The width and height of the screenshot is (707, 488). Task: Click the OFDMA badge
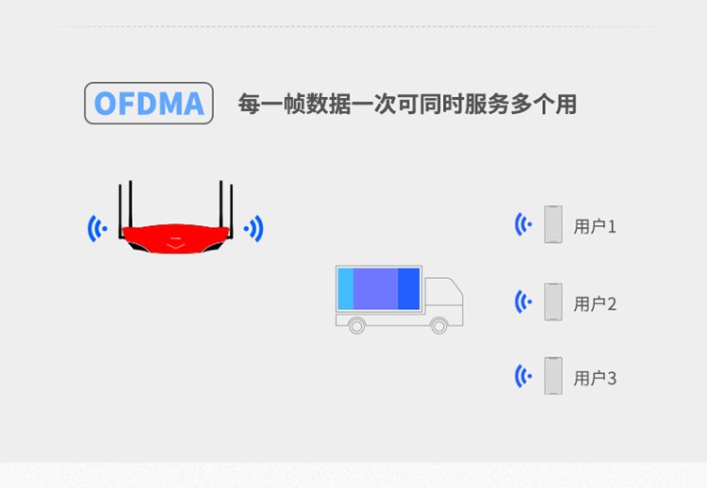[149, 104]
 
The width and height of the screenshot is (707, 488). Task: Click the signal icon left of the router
[97, 228]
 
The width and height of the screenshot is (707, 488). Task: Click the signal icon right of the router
[254, 228]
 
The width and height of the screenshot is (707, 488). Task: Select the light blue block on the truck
[345, 289]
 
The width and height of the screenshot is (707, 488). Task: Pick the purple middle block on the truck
[375, 289]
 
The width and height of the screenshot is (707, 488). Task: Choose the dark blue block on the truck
[408, 289]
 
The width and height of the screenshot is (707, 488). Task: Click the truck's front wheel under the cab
[438, 325]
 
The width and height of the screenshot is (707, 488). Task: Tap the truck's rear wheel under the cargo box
[356, 325]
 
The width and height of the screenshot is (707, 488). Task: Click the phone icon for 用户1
[553, 224]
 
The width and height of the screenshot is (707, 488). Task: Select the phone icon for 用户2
[553, 301]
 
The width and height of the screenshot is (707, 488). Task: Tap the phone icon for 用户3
[553, 376]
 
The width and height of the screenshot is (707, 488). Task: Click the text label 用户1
[595, 226]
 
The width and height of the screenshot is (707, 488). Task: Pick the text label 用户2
[595, 304]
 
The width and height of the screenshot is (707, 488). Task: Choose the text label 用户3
[595, 378]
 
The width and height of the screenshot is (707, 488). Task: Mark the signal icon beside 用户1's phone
[523, 224]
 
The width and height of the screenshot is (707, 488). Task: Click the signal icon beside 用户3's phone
[523, 376]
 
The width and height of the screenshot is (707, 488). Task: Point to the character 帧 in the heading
[294, 104]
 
